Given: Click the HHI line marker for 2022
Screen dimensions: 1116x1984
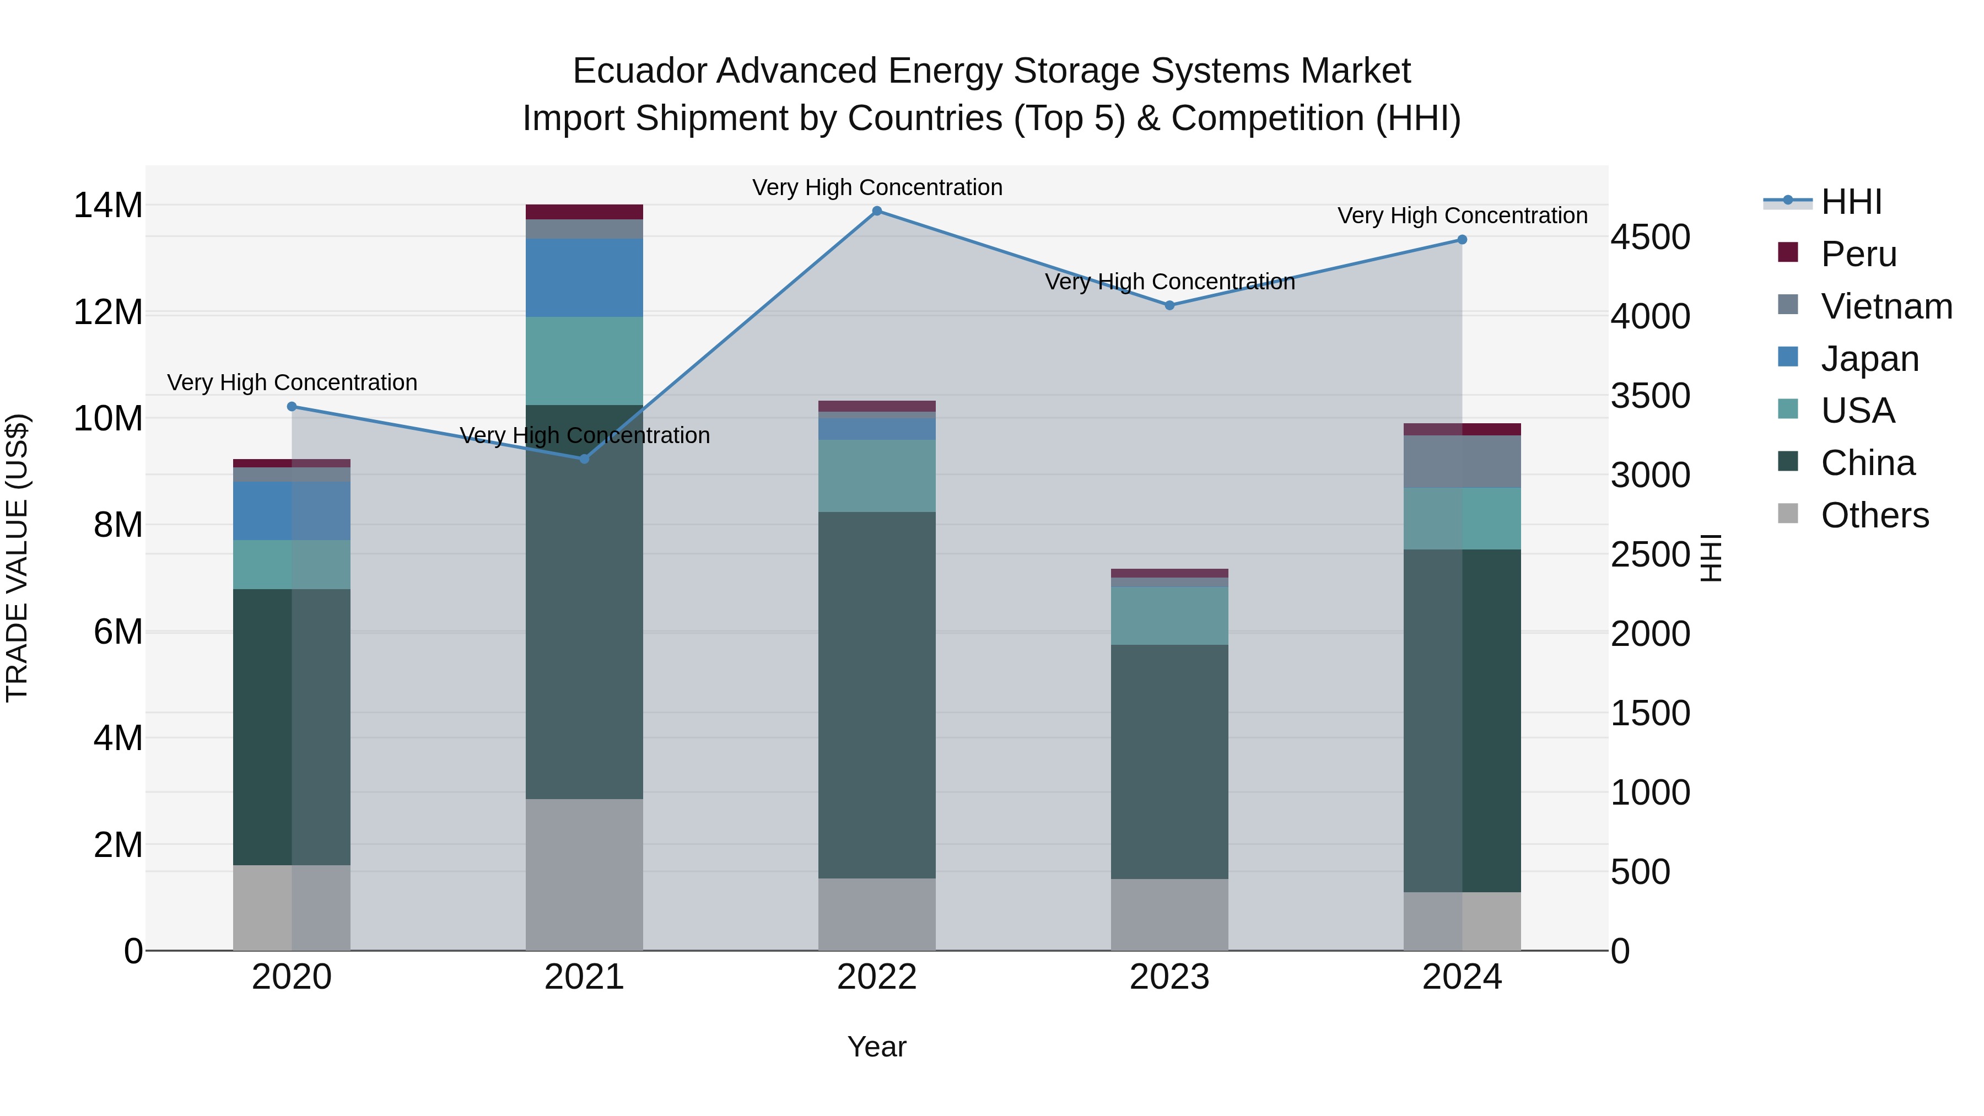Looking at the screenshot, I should (876, 211).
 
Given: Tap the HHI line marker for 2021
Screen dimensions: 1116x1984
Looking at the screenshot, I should (584, 459).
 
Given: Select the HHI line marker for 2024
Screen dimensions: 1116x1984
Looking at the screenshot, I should (1462, 240).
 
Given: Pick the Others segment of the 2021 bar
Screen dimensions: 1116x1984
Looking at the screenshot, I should (584, 874).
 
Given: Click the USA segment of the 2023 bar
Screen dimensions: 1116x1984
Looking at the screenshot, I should (1169, 616).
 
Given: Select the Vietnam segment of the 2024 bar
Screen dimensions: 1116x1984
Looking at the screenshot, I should (1462, 462).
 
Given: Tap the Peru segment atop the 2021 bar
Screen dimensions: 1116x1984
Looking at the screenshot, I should (584, 212).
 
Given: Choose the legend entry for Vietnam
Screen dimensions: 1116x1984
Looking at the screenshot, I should (1864, 306).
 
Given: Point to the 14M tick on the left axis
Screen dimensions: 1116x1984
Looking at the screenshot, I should (108, 206).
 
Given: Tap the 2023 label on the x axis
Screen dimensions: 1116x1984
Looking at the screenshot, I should (1169, 977).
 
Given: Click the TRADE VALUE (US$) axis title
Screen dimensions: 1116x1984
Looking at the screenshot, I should (17, 558).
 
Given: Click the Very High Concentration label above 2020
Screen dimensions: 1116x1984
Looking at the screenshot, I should (292, 383).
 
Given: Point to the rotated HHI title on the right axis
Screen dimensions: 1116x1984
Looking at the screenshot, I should (1711, 558).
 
